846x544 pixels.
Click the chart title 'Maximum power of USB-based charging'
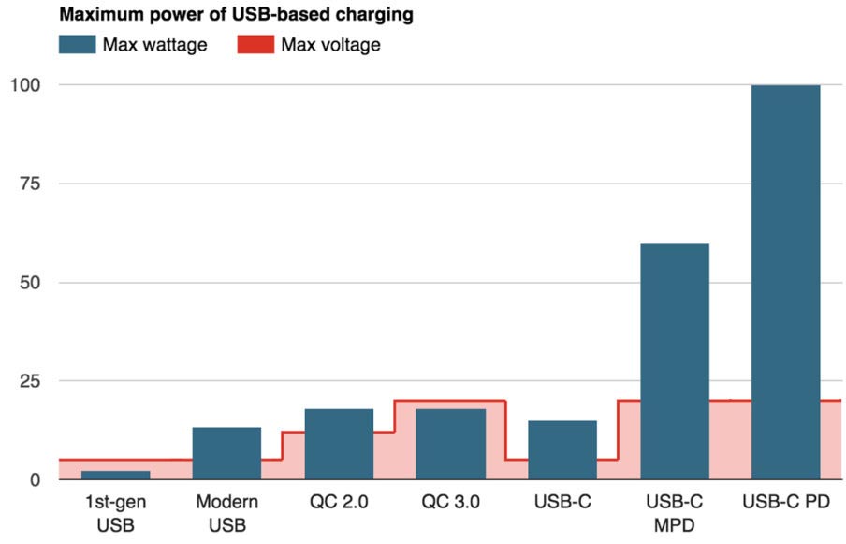point(238,15)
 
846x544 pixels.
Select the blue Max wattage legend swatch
point(77,45)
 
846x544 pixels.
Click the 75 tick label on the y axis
point(29,184)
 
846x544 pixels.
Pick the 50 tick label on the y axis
point(29,282)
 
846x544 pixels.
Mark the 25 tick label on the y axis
point(29,381)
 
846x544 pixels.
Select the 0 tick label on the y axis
point(35,479)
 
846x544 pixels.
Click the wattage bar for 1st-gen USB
point(115,475)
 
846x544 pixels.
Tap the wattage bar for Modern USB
point(226,453)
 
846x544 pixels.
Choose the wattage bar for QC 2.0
point(339,444)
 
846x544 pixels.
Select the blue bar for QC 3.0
point(451,444)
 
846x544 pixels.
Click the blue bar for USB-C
point(562,450)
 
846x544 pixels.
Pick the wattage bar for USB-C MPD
point(674,361)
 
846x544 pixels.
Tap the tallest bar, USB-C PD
point(785,282)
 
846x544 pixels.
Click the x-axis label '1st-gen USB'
point(115,513)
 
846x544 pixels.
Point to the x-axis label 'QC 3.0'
point(451,503)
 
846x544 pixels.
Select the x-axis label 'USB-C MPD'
point(674,513)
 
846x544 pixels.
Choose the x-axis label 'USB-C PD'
point(785,503)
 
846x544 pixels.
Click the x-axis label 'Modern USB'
point(226,513)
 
